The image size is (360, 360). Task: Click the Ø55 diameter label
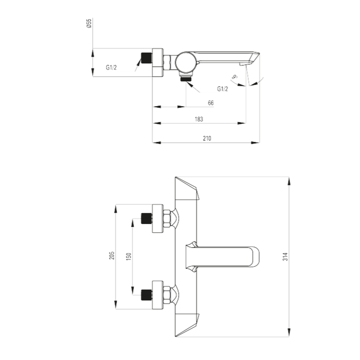pos(89,23)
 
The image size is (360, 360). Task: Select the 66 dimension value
pos(211,103)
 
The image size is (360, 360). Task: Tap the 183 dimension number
pos(199,119)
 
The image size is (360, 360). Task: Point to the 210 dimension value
pos(207,139)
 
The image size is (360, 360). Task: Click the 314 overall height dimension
pos(285,256)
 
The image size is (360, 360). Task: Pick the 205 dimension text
pos(112,256)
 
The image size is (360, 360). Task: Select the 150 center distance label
pos(129,256)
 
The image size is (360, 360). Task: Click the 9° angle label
pos(234,77)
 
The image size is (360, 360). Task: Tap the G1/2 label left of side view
pos(111,68)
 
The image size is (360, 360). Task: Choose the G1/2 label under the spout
pos(222,89)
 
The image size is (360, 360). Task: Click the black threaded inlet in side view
pos(147,58)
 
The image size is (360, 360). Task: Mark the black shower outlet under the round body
pos(186,79)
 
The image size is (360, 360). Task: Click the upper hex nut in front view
pos(167,219)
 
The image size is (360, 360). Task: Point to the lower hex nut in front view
pos(167,295)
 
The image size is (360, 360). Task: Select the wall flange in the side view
pos(158,62)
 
